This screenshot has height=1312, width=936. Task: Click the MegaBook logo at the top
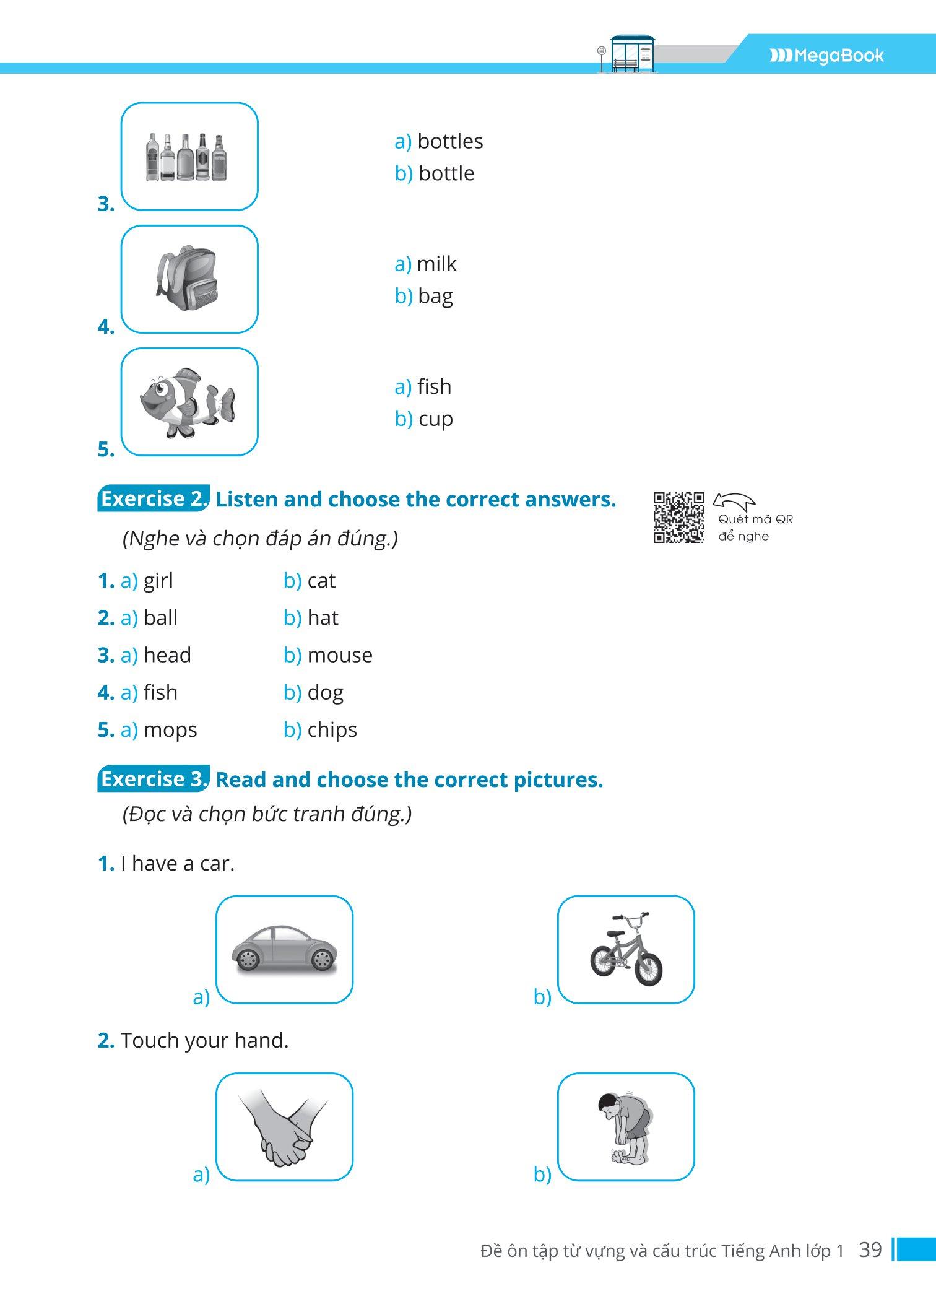tap(826, 56)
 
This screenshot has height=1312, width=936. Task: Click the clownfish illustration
tap(188, 402)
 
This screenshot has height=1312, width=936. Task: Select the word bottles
tap(450, 141)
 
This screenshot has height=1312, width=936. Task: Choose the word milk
tap(436, 264)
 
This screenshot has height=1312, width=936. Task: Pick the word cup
tap(436, 419)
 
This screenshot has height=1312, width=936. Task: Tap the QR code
tap(678, 518)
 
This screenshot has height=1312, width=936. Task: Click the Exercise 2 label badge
tap(154, 499)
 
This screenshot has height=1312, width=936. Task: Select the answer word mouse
tap(340, 655)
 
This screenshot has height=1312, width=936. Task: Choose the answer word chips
tap(332, 730)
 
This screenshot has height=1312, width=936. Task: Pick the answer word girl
tap(158, 581)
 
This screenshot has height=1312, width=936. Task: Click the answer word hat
tap(323, 618)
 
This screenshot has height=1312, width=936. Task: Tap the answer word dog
tap(325, 693)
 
